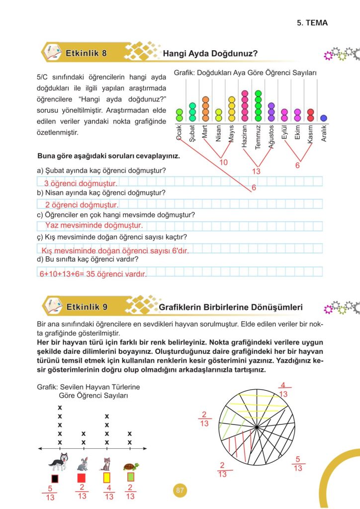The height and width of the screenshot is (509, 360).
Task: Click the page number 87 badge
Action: (180, 491)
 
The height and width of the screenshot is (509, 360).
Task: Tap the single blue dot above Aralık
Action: (324, 118)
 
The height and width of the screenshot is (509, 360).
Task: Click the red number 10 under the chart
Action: (224, 162)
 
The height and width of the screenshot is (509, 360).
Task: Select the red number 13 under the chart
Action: (257, 171)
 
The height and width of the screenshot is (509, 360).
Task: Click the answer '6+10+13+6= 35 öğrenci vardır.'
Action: (93, 273)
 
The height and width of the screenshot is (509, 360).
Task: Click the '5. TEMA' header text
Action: (313, 23)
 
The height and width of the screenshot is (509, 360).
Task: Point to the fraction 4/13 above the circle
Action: (283, 389)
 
